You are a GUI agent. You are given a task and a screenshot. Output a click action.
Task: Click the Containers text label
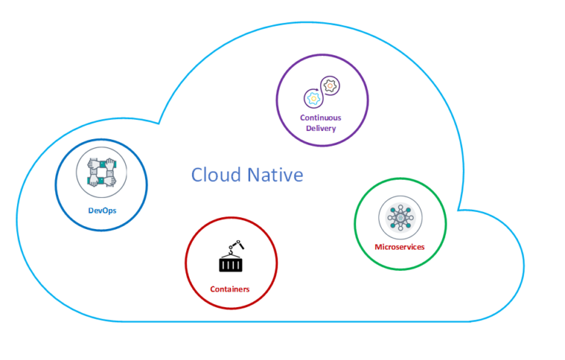click(x=230, y=289)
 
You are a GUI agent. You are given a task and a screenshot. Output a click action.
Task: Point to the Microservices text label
click(x=399, y=247)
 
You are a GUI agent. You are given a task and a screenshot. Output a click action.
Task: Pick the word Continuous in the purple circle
click(x=321, y=118)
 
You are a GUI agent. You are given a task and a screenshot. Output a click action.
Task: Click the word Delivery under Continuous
click(x=321, y=128)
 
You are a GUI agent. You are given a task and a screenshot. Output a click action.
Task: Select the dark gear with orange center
click(x=330, y=86)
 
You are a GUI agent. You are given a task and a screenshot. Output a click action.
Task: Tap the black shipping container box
click(x=231, y=264)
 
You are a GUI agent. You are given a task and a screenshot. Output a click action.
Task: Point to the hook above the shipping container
click(x=236, y=245)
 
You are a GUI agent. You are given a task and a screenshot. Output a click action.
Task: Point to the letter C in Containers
click(x=212, y=289)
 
